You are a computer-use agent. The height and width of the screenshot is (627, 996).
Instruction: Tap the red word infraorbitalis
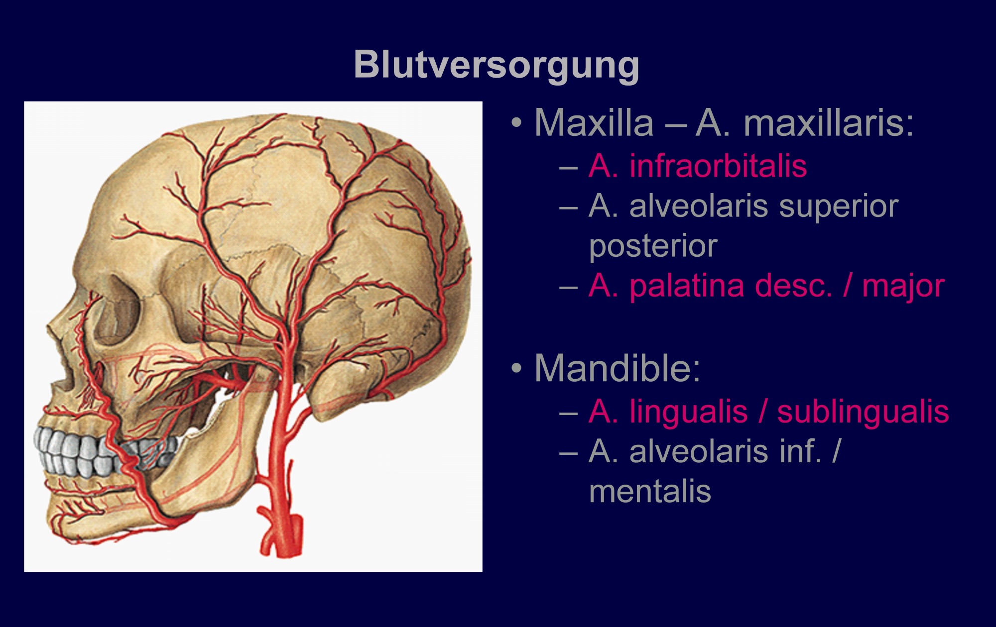718,166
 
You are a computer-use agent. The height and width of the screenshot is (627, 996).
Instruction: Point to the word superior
839,208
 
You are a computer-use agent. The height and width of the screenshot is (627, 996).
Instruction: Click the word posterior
653,247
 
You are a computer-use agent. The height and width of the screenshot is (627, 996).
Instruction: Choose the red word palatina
687,287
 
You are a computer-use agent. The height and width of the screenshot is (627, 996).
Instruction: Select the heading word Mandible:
617,368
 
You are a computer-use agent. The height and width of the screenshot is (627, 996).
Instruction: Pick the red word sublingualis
863,412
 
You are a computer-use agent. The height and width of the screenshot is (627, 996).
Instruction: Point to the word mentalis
650,492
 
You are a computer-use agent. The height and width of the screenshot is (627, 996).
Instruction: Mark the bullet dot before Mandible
517,368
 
